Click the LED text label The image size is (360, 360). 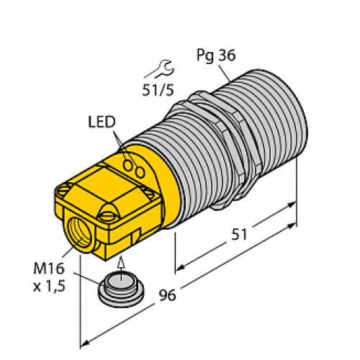(x=101, y=120)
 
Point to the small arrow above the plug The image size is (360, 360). (x=120, y=264)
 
